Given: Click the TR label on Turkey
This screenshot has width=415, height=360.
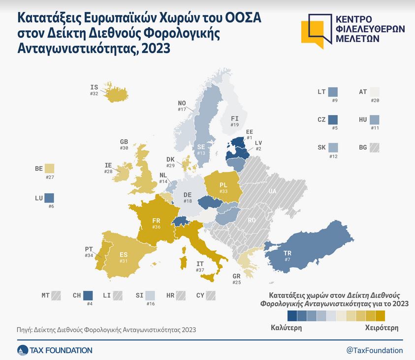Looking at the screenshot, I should pyautogui.click(x=287, y=253).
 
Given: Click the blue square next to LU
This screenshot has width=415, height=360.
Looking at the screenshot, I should pyautogui.click(x=49, y=199).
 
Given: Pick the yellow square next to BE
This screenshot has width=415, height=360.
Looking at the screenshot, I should pyautogui.click(x=49, y=169).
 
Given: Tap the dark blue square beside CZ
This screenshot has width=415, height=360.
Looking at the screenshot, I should pyautogui.click(x=333, y=120).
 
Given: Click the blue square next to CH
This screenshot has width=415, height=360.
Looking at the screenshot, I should pyautogui.click(x=88, y=296).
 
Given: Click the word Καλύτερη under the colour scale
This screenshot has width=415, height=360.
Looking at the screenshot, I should pyautogui.click(x=286, y=327).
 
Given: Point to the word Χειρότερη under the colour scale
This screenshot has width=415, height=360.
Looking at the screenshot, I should pyautogui.click(x=382, y=327).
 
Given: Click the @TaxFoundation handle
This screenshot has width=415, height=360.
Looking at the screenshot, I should pyautogui.click(x=375, y=350).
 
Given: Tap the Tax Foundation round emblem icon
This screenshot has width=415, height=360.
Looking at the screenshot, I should pyautogui.click(x=23, y=350).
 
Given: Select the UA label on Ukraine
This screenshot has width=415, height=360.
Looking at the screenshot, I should pyautogui.click(x=272, y=190).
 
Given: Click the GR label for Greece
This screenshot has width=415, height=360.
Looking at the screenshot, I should pyautogui.click(x=237, y=276).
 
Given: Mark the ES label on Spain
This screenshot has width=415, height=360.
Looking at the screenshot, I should pyautogui.click(x=124, y=255).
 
